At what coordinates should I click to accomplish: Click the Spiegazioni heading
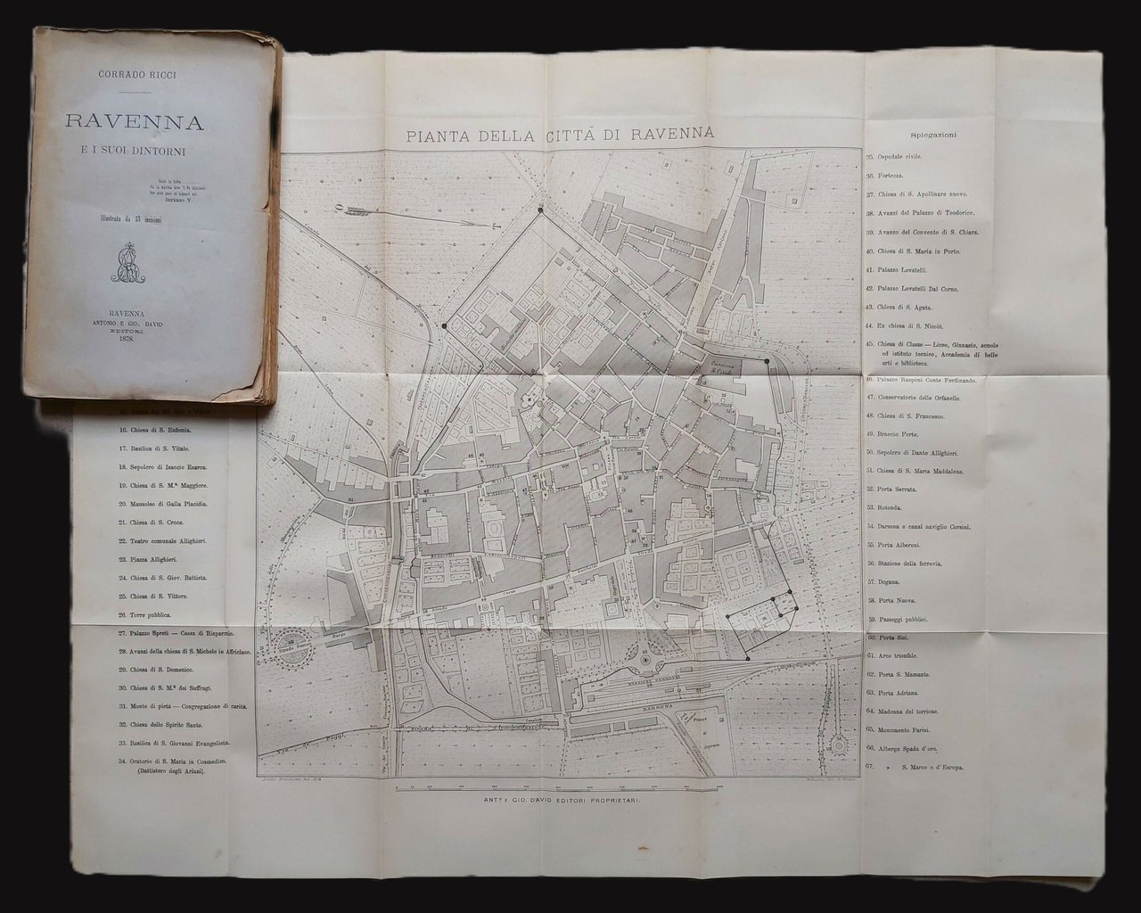point(934,136)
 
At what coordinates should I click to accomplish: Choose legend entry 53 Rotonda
point(893,507)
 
